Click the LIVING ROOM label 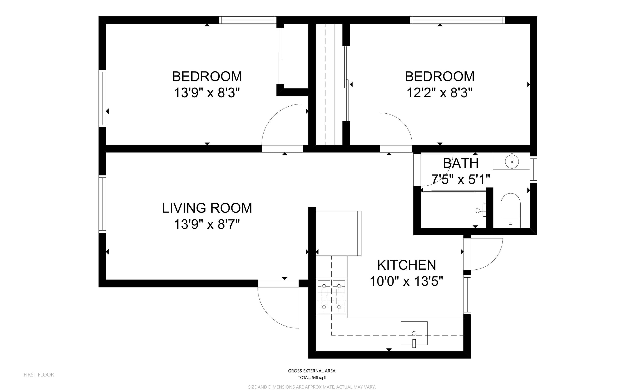point(207,208)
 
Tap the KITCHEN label point(407,265)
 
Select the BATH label point(461,163)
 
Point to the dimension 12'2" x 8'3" point(439,93)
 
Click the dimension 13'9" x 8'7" point(207,224)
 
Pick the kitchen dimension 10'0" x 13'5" point(407,281)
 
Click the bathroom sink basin point(512,161)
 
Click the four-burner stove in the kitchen point(331,297)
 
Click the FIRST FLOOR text point(39,375)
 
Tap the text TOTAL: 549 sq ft point(312,378)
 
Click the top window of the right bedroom point(457,20)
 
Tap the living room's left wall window point(102,204)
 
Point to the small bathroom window point(533,170)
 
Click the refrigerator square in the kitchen point(338,233)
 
